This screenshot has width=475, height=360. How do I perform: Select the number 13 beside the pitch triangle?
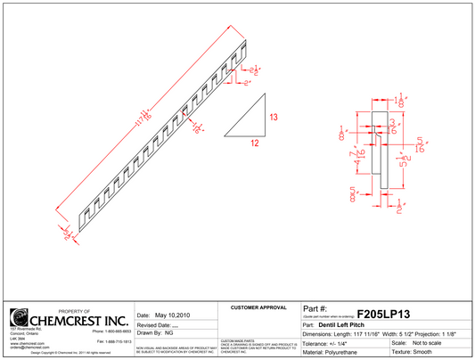tap(274, 118)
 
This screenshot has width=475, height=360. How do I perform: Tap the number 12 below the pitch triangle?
tap(254, 143)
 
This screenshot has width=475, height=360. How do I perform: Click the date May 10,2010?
tap(173, 315)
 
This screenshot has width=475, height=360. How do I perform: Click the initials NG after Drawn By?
tap(169, 332)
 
